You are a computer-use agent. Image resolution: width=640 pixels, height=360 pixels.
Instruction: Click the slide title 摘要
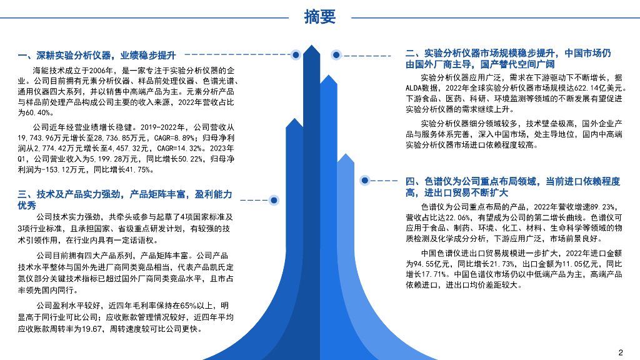pos(319,17)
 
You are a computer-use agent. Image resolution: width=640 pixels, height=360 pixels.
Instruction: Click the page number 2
pos(621,351)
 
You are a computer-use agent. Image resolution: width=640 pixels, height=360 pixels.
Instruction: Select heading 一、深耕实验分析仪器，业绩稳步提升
pos(97,56)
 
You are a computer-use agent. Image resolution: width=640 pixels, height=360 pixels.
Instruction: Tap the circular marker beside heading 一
pos(296,55)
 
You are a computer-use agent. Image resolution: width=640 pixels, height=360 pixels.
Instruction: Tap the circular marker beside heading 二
pos(336,55)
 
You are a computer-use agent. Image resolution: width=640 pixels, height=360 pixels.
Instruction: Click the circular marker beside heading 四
pos(364,180)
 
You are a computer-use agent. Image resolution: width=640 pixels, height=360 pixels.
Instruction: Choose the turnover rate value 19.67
pos(96,329)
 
